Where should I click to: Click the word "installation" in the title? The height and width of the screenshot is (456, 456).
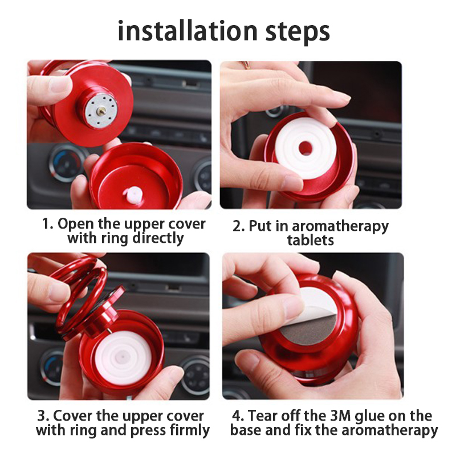[x=188, y=31]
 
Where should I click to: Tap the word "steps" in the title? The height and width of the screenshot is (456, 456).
[x=298, y=32]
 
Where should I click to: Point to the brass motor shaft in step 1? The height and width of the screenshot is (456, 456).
[x=101, y=110]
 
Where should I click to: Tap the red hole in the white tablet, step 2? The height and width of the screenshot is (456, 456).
[x=306, y=148]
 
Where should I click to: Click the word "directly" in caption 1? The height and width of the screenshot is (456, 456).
[x=158, y=238]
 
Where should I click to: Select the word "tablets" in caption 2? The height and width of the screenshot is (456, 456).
[x=310, y=240]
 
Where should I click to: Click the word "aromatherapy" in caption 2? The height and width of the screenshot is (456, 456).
[x=340, y=227]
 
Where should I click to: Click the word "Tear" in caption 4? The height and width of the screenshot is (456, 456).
[x=260, y=416]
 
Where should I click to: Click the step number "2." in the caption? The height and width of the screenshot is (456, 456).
[x=238, y=226]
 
